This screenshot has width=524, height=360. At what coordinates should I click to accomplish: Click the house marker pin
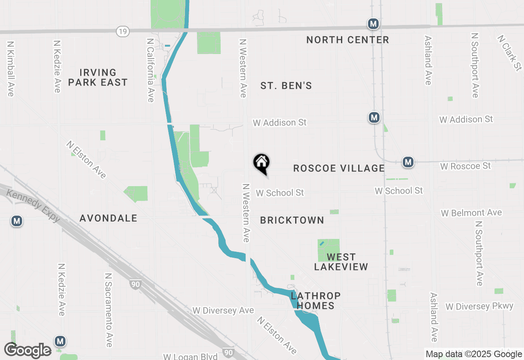(261, 163)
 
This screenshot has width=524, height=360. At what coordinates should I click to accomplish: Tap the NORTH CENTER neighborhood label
(348, 40)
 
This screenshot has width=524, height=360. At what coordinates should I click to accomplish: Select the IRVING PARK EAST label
(98, 77)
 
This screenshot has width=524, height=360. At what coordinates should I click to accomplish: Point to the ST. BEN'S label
(286, 85)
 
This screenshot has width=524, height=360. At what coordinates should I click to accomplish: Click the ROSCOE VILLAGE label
(339, 168)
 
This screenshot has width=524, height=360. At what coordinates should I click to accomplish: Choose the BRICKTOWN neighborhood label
(292, 220)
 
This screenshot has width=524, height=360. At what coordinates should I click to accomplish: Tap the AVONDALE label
(108, 218)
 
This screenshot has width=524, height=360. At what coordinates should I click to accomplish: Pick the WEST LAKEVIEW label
(341, 262)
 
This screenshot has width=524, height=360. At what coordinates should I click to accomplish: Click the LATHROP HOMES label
(316, 300)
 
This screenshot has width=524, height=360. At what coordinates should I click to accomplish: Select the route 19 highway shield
(123, 31)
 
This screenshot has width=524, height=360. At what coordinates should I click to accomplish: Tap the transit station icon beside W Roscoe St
(408, 162)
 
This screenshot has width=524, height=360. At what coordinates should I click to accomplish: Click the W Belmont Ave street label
(471, 213)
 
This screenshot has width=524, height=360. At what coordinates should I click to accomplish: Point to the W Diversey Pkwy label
(479, 306)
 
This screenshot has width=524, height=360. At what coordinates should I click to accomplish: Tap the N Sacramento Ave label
(108, 310)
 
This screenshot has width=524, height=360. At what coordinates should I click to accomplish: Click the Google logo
(27, 351)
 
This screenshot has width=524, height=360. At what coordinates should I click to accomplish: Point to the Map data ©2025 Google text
(474, 354)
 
